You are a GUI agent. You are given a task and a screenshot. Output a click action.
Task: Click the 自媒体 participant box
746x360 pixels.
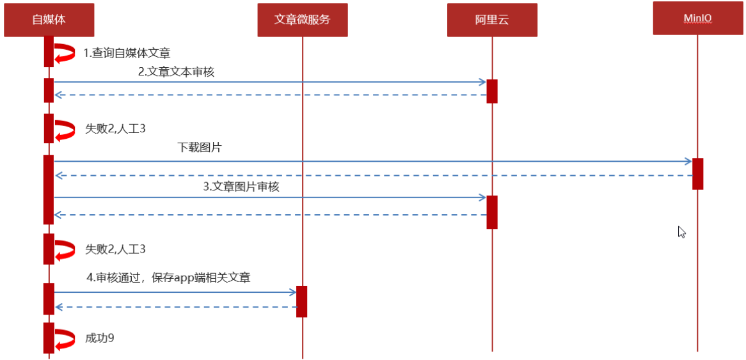[49, 20]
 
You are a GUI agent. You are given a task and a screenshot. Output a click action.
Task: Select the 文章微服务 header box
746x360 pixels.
[302, 20]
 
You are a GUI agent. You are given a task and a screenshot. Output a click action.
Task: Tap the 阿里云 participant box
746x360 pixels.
[492, 20]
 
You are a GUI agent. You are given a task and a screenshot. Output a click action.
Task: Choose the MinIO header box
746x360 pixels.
[697, 19]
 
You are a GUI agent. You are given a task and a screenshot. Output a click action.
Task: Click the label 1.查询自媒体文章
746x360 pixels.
[127, 53]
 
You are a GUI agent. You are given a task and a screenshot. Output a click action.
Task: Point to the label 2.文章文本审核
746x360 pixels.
[176, 72]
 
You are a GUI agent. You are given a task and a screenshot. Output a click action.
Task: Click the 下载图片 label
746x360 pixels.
[200, 148]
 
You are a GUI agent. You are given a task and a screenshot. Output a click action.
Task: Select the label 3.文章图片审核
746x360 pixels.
[241, 187]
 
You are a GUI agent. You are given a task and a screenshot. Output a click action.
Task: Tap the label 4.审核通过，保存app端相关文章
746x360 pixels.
[168, 278]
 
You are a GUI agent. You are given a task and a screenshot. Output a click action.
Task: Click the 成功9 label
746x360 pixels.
[100, 338]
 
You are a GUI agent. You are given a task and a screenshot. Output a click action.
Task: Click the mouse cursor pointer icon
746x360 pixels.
[682, 231]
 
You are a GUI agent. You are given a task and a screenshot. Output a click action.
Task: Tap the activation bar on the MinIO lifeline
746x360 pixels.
[697, 173]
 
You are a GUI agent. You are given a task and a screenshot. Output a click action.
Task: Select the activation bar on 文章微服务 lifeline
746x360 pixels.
[302, 301]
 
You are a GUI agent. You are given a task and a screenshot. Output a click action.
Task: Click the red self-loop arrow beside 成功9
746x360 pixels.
[64, 338]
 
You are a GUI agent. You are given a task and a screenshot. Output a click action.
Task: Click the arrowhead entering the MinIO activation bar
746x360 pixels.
[688, 161]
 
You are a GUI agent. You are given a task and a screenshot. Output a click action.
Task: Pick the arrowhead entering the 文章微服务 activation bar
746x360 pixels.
[293, 292]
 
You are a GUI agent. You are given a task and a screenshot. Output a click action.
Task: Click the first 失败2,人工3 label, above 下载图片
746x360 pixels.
[115, 129]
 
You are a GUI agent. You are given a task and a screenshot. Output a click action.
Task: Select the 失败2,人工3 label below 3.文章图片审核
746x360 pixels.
[115, 249]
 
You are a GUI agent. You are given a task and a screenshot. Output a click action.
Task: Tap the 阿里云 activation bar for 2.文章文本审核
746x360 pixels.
[492, 91]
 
